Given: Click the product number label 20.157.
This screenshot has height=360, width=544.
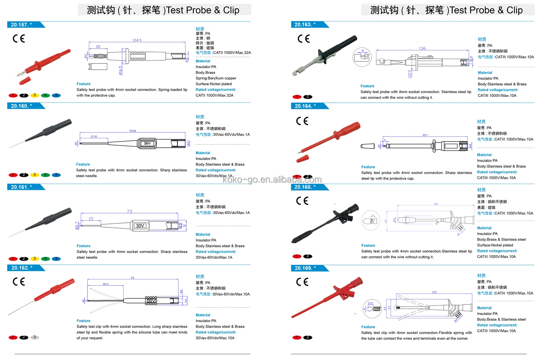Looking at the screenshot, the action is coord(21,25).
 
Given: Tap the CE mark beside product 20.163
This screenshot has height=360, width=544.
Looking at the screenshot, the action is coord(304,39).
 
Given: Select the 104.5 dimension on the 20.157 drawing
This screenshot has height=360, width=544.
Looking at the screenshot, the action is coord(137,40).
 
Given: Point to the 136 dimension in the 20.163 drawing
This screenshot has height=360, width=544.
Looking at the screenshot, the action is coord(422,48).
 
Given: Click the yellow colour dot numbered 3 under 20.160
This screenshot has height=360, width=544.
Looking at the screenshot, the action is coord(34,175).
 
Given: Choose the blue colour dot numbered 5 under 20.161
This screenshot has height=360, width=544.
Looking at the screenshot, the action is coord(56,259).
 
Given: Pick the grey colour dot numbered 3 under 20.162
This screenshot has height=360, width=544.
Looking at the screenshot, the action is coord(34,337).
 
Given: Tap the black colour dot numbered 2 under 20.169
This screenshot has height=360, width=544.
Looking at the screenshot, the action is coord(308,337).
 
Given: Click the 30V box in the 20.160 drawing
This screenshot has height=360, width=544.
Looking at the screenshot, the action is coord(147,143).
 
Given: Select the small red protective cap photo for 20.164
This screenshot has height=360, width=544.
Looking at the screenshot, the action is coord(302,159).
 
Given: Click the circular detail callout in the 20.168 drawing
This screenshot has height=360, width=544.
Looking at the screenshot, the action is coord(371,220).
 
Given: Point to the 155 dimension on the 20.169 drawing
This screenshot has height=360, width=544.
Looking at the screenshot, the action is coord(434,292).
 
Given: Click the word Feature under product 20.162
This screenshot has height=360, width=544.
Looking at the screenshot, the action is coord(83,321).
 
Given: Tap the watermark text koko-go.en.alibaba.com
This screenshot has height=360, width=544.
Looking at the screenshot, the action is coord(272,180).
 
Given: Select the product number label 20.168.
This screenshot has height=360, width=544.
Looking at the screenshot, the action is coord(305,187).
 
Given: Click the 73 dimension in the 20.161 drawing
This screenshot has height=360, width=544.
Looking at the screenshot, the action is coord(129,211).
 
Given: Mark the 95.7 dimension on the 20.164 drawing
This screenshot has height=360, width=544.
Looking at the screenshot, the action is coord(425,135).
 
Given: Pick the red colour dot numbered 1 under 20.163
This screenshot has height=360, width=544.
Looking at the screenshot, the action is coord(297,97).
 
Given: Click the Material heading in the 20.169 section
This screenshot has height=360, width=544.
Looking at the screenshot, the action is coord(484,308).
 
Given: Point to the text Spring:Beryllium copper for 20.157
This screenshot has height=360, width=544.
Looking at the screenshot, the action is coord(216,78).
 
